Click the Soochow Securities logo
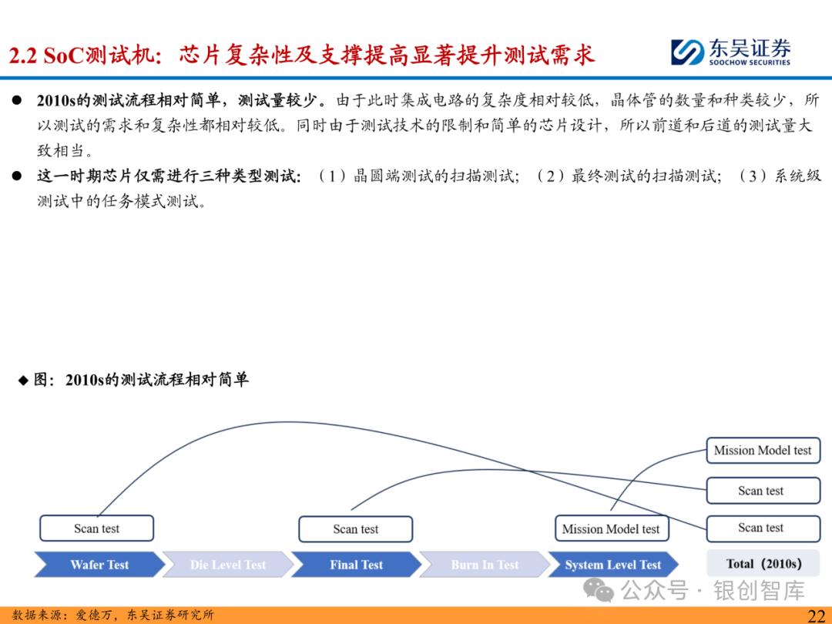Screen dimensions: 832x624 point(730,52)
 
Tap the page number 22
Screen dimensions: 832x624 point(816,614)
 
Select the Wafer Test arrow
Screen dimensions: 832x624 point(99,565)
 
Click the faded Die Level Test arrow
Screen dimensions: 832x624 point(227,565)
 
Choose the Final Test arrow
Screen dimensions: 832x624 point(356,565)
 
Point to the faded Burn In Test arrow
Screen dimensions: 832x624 point(485,565)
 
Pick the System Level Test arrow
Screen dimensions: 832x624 point(612,565)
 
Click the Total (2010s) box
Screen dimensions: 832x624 point(763,563)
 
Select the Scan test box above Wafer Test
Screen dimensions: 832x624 point(96,528)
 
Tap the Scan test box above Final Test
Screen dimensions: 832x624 point(355,529)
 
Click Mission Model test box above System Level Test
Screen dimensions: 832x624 point(611,529)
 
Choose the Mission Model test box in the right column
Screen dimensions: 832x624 point(763,451)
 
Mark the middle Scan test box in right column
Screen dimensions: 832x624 point(761,491)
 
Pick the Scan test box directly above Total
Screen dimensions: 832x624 point(761,528)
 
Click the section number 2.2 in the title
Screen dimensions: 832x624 point(22,55)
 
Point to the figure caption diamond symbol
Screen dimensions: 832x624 point(24,381)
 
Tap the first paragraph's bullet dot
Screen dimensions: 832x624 point(17,102)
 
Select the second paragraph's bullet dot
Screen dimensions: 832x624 point(17,176)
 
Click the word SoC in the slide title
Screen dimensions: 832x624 point(62,55)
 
